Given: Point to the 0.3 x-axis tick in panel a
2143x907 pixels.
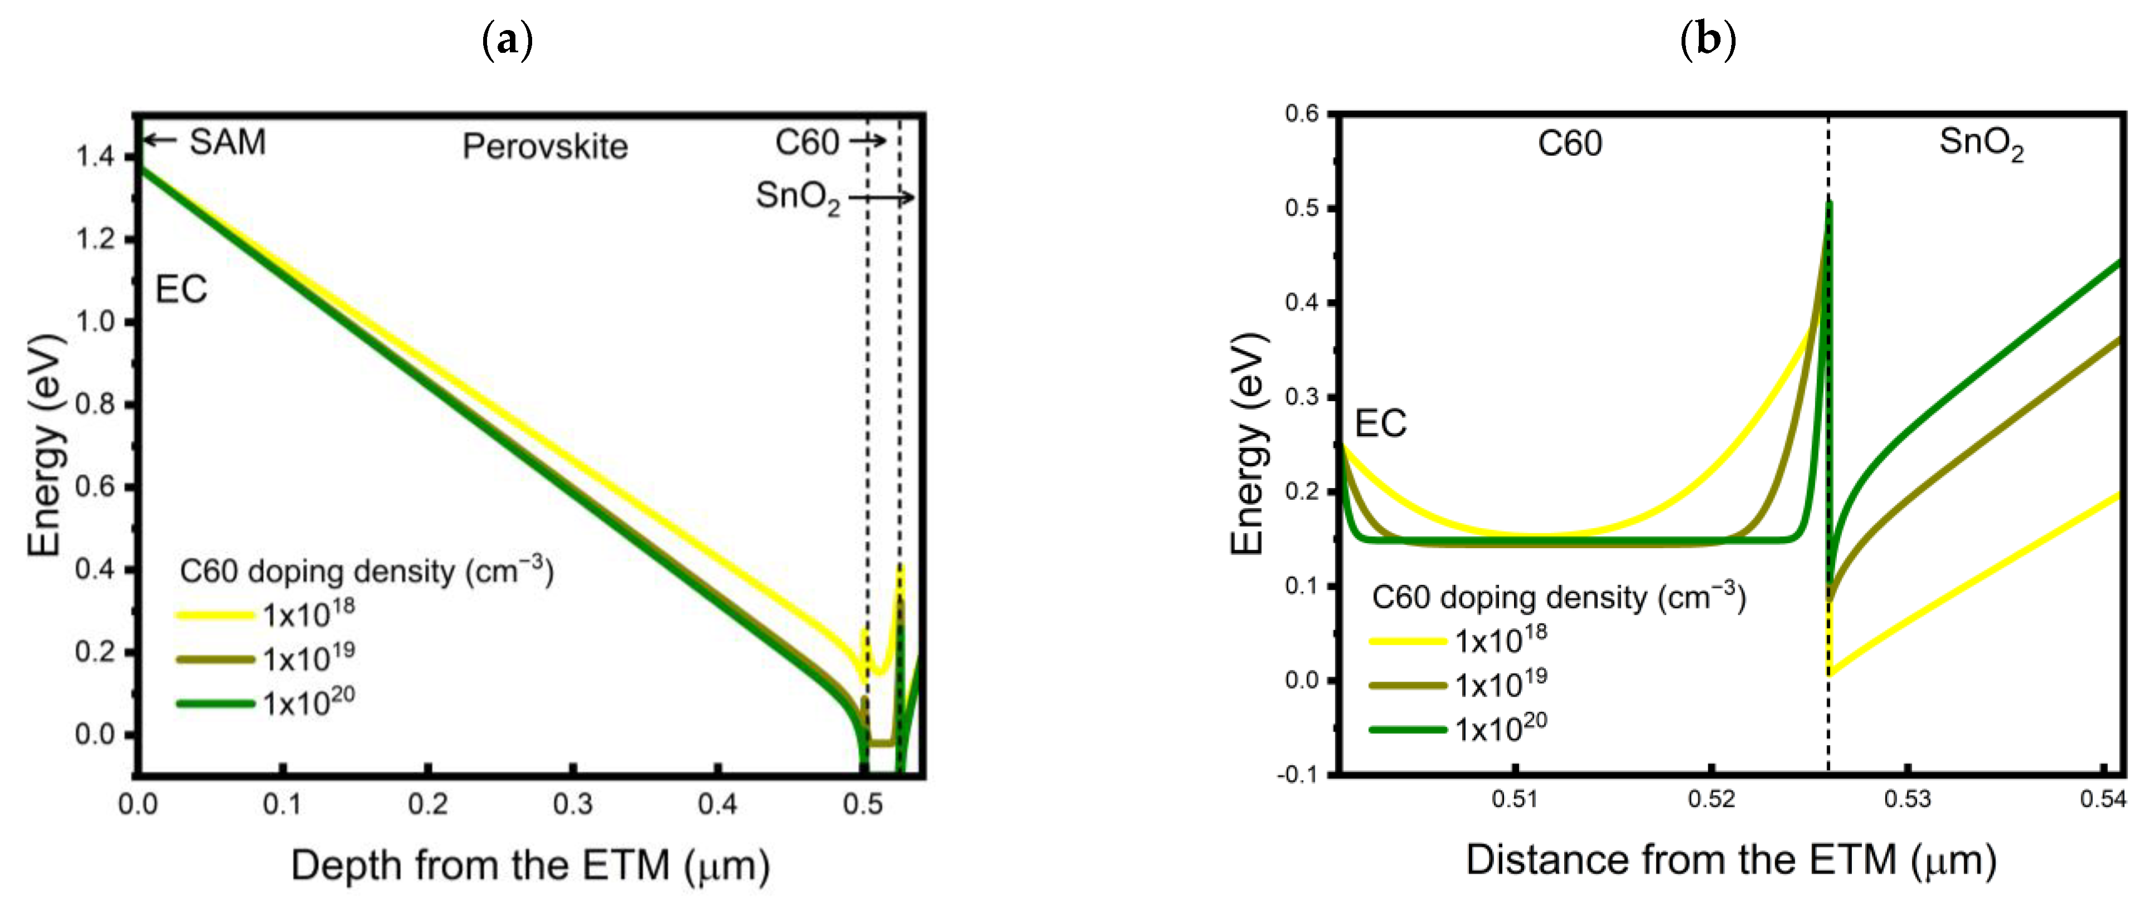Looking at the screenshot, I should [x=572, y=804].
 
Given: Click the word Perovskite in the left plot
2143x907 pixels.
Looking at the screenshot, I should [x=545, y=146].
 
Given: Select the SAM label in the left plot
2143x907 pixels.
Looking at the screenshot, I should [x=227, y=141].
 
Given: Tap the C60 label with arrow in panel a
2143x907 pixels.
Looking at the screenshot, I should [x=807, y=142].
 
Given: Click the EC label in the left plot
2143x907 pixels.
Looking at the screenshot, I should [x=180, y=289].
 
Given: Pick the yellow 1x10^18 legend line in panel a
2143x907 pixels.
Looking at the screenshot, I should [x=215, y=615].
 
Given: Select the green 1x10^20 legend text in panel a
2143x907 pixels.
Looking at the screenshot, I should [x=308, y=702].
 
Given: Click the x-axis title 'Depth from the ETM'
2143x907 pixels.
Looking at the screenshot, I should [x=530, y=865].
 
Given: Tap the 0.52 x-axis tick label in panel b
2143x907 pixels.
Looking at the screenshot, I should [x=1711, y=800].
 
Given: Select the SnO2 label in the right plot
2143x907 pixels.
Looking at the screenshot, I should [x=1981, y=143].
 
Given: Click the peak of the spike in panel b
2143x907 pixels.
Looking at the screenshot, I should [x=1829, y=202].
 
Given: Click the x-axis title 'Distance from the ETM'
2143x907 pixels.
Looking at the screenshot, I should [x=1731, y=860].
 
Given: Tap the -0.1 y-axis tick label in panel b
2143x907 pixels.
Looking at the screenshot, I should [x=1298, y=774].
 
